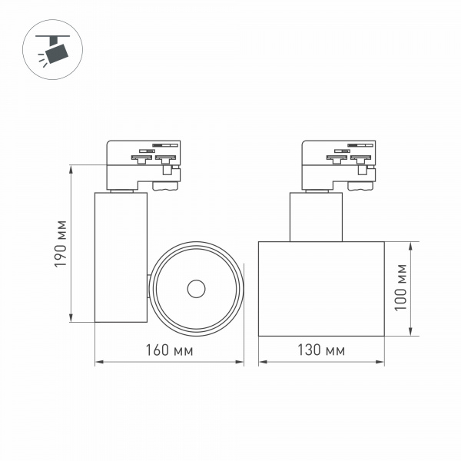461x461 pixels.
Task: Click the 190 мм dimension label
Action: coord(61,244)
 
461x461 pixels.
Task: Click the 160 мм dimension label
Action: coord(170,350)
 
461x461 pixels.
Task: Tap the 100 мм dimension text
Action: coord(400,287)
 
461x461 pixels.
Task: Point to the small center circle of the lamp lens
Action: coord(197,289)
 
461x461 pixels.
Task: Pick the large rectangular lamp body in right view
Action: coord(321,288)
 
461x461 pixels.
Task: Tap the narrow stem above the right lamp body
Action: coord(316,217)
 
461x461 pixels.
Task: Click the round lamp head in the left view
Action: coord(197,289)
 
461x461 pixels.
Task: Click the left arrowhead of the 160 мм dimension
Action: coord(98,362)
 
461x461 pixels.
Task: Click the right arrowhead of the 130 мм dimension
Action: coord(381,362)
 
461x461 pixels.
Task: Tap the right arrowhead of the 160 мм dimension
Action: coord(242,362)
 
